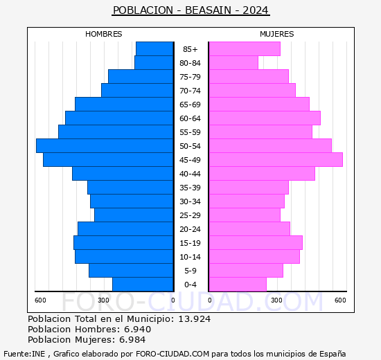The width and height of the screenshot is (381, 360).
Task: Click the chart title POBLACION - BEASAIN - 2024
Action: [190, 10]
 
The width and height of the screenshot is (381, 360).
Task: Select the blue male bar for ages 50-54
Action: [105, 145]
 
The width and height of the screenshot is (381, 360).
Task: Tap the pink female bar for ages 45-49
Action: [276, 159]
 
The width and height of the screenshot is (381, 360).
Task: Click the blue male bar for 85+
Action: [154, 48]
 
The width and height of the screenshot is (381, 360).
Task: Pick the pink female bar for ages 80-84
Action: [233, 62]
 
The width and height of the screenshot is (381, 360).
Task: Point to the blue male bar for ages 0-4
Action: [143, 284]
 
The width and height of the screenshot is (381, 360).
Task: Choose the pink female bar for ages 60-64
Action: [265, 118]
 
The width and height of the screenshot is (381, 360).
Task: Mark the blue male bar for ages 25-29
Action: [134, 215]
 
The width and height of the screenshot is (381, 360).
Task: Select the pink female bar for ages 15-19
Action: [256, 242]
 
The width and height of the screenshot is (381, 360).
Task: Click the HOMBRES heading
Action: [104, 34]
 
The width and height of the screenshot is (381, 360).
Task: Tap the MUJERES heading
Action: [277, 34]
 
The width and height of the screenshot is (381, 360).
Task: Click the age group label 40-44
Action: [190, 174]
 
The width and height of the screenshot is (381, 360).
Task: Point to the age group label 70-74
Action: [190, 91]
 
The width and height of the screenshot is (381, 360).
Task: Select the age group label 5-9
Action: [190, 271]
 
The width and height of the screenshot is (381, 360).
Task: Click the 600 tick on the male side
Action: [41, 300]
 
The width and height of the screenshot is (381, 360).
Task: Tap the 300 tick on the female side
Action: [276, 300]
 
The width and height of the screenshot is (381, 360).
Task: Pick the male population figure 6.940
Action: [134, 330]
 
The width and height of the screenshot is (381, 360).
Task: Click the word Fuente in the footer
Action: [16, 353]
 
